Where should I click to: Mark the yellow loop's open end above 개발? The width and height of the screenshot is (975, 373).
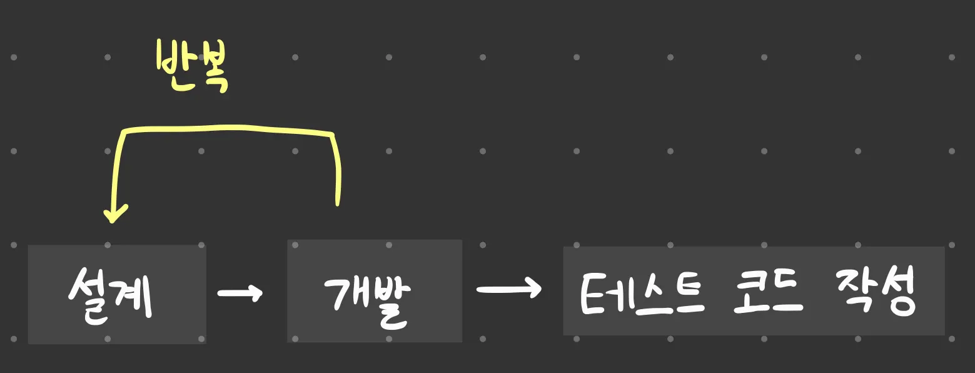coord(338,200)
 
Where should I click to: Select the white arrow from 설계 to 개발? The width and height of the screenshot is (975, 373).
coord(239,292)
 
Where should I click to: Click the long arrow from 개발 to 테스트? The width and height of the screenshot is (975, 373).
coord(508,289)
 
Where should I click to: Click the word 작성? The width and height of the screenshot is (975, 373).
coord(876,293)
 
